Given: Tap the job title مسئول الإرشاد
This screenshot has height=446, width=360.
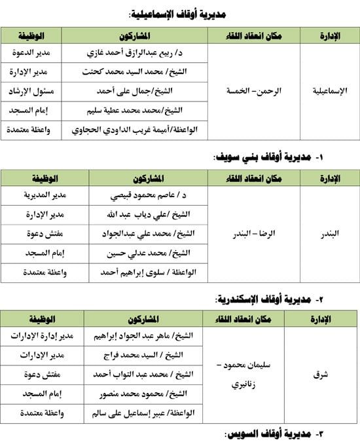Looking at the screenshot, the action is coord(31,91).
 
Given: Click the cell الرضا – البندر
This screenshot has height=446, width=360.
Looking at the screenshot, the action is coord(251,234).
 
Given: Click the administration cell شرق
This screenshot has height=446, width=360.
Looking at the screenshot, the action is coord(320,375).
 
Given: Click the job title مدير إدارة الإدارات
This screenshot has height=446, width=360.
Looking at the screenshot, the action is coord(44,336).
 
